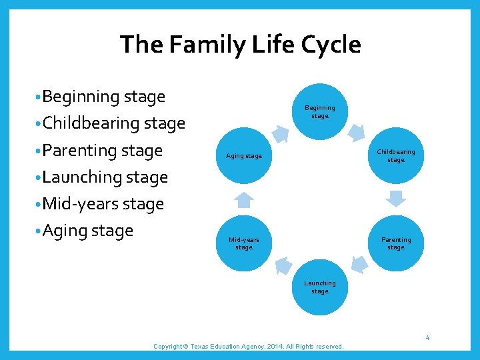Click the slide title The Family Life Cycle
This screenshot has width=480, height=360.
point(240,45)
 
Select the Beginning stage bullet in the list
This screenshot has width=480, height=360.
point(103,97)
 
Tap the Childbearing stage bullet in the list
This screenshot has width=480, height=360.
point(113,123)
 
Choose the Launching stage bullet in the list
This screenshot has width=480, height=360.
point(105,177)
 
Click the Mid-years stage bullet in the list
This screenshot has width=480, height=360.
point(103,204)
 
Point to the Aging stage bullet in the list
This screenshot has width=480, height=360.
point(87,231)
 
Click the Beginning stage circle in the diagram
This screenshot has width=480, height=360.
point(320,111)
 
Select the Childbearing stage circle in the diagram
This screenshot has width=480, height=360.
point(395,155)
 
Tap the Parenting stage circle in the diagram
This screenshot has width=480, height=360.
point(395,243)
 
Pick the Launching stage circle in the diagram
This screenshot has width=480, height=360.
point(320,287)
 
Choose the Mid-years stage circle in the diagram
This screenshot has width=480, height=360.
point(244,243)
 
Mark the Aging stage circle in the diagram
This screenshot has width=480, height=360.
point(244,156)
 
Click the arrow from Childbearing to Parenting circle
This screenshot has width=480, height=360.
point(396,199)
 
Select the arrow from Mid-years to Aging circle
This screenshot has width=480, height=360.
point(245,199)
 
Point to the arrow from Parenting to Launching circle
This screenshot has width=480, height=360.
point(358,265)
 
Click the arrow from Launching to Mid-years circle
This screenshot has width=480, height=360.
point(282,265)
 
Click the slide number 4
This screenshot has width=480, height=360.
point(427,339)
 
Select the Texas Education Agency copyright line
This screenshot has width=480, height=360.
point(249,347)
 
